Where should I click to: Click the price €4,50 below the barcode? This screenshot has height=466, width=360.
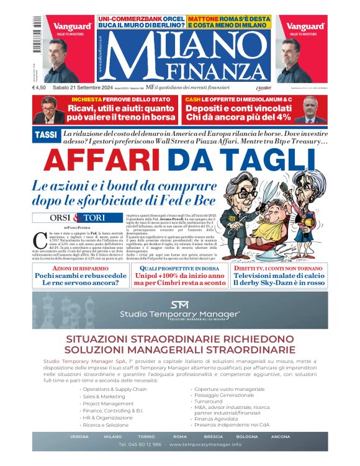tap(41, 87)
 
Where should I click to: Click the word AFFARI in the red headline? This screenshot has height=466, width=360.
tap(100, 161)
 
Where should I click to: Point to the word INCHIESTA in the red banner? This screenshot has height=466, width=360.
tap(89, 99)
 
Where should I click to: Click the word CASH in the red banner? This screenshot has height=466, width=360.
tap(193, 99)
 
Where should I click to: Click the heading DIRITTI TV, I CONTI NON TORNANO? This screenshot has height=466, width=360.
tap(279, 267)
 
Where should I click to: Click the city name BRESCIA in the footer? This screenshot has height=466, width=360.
tap(213, 436)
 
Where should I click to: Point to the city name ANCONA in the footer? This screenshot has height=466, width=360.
tap(280, 436)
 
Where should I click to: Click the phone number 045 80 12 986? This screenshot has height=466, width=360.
tap(140, 445)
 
